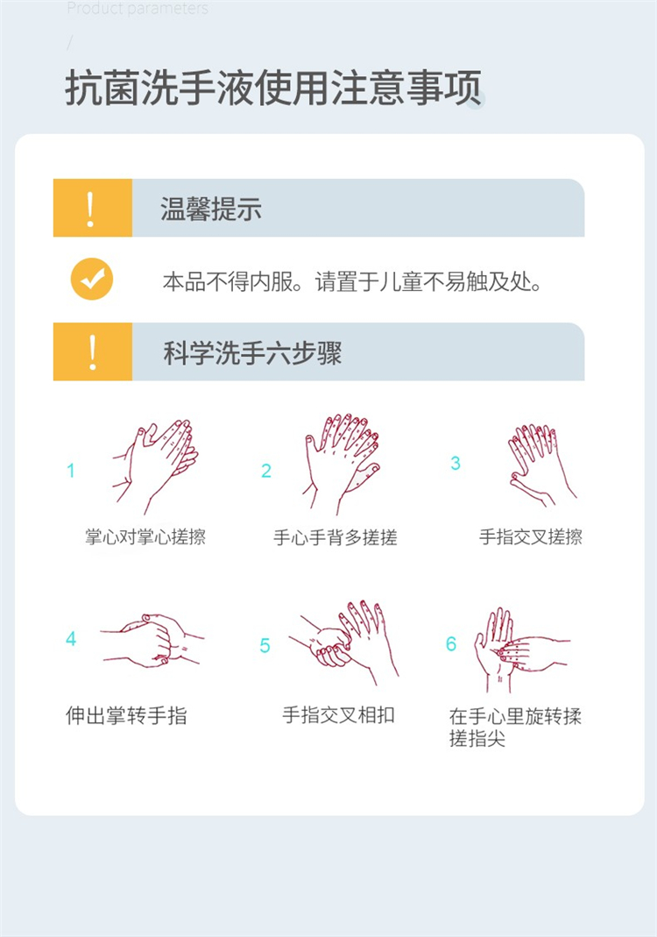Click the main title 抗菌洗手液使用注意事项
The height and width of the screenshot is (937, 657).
pyautogui.click(x=273, y=88)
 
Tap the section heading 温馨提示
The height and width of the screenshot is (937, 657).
pyautogui.click(x=211, y=209)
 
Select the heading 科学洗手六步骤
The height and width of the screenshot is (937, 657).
pyautogui.click(x=252, y=352)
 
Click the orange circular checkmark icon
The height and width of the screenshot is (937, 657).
pyautogui.click(x=92, y=279)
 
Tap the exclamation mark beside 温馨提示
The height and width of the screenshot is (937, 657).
pyautogui.click(x=90, y=209)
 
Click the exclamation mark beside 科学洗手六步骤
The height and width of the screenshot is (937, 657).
pyautogui.click(x=93, y=352)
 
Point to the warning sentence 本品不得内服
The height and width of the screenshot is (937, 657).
pyautogui.click(x=229, y=281)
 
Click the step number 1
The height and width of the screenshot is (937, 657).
pyautogui.click(x=70, y=471)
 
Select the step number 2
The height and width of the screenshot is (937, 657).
pyautogui.click(x=266, y=471)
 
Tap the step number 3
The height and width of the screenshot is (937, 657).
pyautogui.click(x=456, y=463)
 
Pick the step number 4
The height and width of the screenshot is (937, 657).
pyautogui.click(x=71, y=639)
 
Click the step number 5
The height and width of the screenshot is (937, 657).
pyautogui.click(x=265, y=645)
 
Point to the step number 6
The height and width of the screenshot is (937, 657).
pyautogui.click(x=451, y=643)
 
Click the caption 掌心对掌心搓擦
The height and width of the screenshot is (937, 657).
pyautogui.click(x=145, y=536)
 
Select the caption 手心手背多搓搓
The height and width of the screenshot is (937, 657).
pyautogui.click(x=335, y=537)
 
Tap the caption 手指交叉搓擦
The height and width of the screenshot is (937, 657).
pyautogui.click(x=531, y=536)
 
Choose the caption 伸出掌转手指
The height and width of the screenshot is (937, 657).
pyautogui.click(x=127, y=714)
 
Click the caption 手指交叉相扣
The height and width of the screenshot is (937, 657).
pyautogui.click(x=338, y=714)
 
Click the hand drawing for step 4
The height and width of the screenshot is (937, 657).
pyautogui.click(x=153, y=640)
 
